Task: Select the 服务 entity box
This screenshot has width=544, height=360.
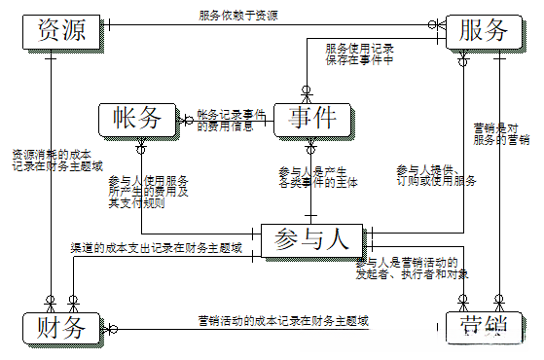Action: coord(483,31)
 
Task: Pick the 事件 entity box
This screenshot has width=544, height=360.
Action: coord(311,119)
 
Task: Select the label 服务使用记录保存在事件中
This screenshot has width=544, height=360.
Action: coord(359,54)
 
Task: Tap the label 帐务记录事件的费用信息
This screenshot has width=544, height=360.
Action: coord(232,120)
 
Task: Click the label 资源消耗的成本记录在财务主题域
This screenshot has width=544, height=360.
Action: coord(57,161)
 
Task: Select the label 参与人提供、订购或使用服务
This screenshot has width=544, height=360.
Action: coord(435,176)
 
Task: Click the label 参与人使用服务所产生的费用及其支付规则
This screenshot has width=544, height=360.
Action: coord(148,191)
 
